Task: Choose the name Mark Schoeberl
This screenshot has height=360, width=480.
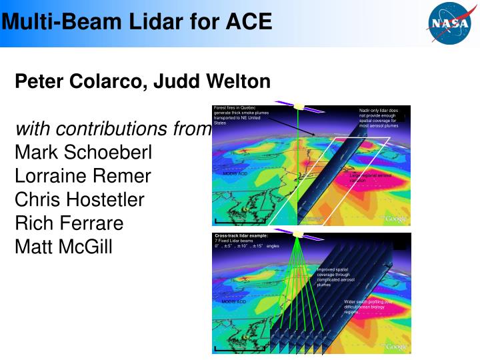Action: coord(83,153)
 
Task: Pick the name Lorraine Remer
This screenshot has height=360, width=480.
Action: coord(83,177)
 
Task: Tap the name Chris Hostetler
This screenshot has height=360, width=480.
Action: coord(79,200)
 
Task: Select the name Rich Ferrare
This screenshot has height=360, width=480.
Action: coord(69,223)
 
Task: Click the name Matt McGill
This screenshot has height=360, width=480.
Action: coord(63,247)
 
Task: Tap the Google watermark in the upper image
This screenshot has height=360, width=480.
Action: coord(395,219)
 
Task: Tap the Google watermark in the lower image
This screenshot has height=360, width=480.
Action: coord(395,347)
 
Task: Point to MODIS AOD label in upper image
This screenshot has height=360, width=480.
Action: coord(234,174)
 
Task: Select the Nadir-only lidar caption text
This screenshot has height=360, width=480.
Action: coord(378,118)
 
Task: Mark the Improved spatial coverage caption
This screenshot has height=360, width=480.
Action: coord(336,277)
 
